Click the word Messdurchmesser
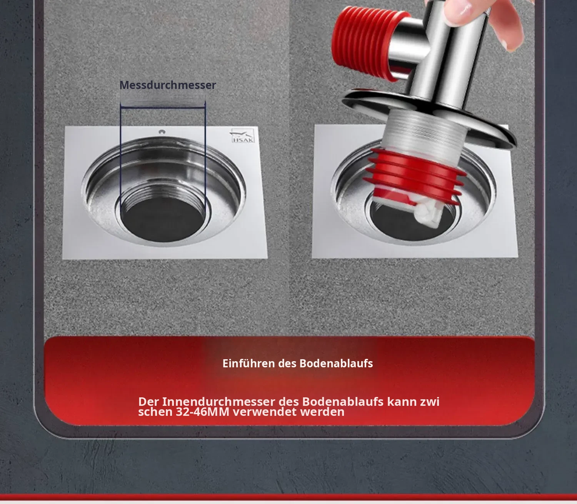[168, 85]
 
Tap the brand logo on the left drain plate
[242, 136]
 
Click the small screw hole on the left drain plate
[162, 132]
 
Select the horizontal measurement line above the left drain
[163, 107]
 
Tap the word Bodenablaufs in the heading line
[336, 363]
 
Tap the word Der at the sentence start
[148, 402]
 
